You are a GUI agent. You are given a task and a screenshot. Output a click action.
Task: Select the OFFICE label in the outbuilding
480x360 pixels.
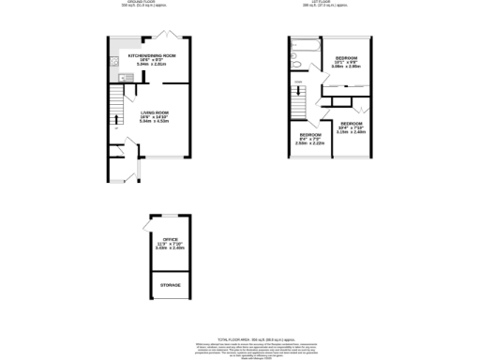coord(170,239)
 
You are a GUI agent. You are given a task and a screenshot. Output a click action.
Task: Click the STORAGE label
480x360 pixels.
coord(170,284)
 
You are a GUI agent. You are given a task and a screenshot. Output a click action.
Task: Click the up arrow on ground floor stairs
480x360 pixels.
coord(117,118)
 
